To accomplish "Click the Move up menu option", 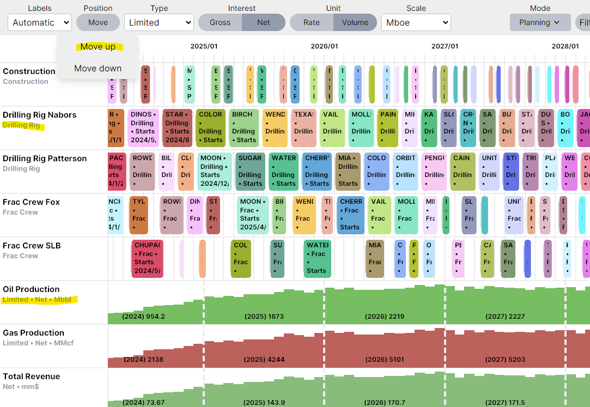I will (x=98, y=47).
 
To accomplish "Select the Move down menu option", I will (x=98, y=69).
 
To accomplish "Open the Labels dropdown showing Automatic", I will (x=40, y=22).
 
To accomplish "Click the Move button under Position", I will (x=98, y=22).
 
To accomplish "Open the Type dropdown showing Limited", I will (x=159, y=22).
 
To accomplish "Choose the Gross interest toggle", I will (x=220, y=22).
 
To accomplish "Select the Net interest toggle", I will (x=264, y=22).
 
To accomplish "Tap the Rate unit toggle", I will (x=312, y=22).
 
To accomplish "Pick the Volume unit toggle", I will (x=355, y=22).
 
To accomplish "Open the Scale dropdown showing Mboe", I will (x=416, y=22).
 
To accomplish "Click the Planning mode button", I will (x=540, y=22).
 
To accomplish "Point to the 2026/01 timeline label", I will (x=324, y=46).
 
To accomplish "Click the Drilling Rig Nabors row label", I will (x=40, y=115).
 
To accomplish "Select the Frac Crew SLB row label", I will (x=32, y=246).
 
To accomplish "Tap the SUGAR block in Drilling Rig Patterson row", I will (x=250, y=171).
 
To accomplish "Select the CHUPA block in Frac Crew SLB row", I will (x=147, y=258).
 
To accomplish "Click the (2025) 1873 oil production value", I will (x=264, y=317).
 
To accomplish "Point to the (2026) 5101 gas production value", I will (x=385, y=360).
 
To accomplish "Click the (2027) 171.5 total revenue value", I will (x=505, y=403).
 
